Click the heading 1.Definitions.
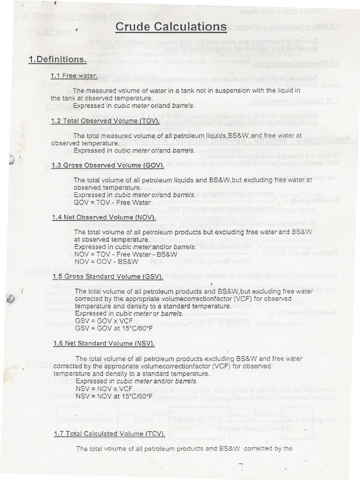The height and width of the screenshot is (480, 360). (x=57, y=60)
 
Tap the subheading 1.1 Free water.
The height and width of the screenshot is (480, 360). (x=74, y=75)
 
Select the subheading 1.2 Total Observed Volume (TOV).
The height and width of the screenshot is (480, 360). (x=105, y=120)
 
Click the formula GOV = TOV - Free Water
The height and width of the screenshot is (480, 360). (x=112, y=202)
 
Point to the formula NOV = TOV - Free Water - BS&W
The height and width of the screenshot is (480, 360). (x=123, y=254)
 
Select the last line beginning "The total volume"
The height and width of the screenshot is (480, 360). (x=184, y=449)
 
